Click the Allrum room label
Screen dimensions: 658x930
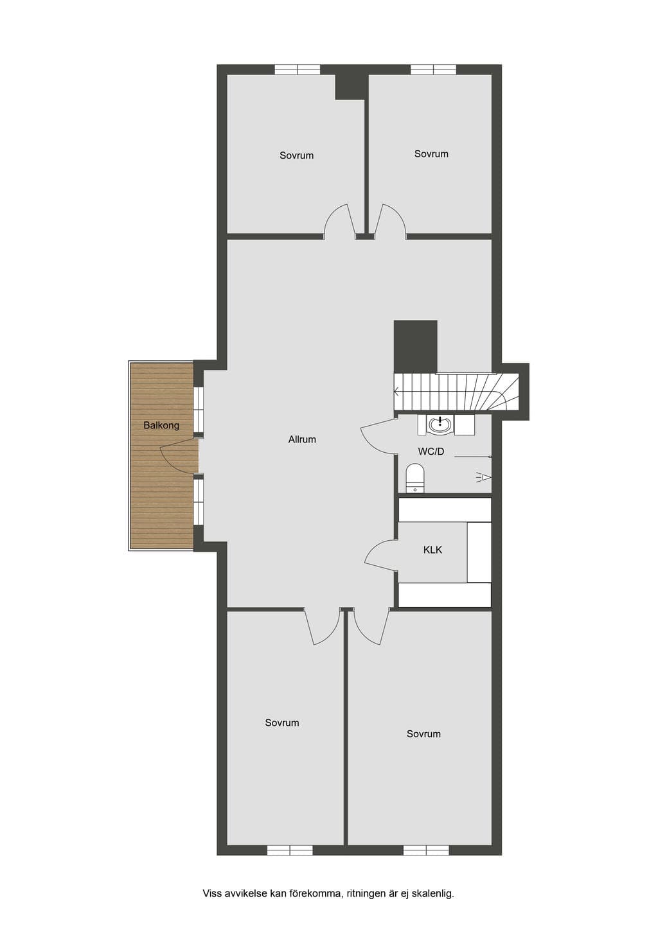[302, 439]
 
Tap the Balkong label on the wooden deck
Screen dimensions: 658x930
[161, 426]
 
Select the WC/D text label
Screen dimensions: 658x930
[431, 452]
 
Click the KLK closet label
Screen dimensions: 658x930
[432, 550]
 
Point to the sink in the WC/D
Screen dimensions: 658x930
[440, 425]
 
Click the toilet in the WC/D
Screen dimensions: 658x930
[414, 478]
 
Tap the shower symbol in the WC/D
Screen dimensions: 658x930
[485, 477]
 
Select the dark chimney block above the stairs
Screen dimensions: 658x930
[415, 346]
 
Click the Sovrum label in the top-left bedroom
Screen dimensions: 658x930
[296, 155]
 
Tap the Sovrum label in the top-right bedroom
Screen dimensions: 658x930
[431, 154]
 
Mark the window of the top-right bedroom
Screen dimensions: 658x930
[434, 69]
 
